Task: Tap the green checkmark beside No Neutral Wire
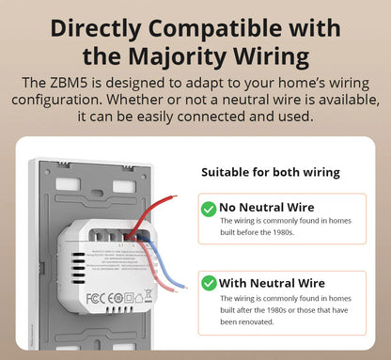(208, 209)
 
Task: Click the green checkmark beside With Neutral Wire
(208, 283)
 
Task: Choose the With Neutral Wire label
(272, 283)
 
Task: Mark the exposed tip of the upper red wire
(175, 198)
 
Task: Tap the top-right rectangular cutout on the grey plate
(124, 185)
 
